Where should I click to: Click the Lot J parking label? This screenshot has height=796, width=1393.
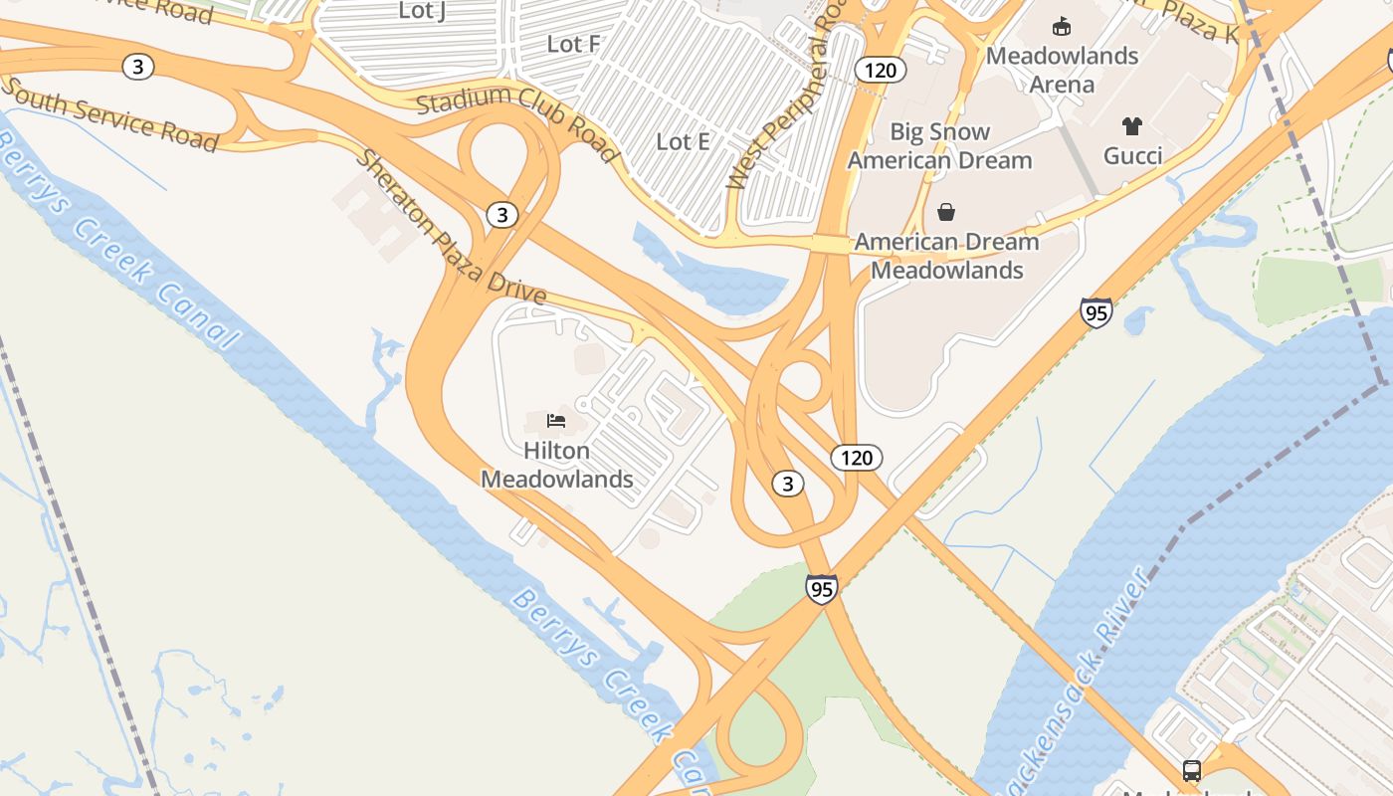[422, 11]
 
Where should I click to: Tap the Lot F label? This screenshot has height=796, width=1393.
[574, 44]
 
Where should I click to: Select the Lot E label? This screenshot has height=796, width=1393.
[683, 141]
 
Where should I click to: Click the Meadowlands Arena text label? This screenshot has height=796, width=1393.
[1062, 70]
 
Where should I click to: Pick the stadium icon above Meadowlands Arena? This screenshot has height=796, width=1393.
[1062, 27]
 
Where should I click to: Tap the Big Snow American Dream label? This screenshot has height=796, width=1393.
[939, 145]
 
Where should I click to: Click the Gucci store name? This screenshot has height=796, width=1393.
[1132, 155]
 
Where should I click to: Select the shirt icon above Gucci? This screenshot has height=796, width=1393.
[1132, 126]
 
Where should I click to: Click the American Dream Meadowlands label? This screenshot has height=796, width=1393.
[946, 256]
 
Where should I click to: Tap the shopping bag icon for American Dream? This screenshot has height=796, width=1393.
[946, 212]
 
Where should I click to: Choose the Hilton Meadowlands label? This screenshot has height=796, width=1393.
[557, 465]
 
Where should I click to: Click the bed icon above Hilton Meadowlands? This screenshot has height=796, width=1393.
[556, 421]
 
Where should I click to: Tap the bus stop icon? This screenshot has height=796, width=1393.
[1191, 770]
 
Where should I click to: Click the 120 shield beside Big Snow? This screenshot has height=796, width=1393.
[880, 70]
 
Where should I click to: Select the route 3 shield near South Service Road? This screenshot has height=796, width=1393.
[138, 67]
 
